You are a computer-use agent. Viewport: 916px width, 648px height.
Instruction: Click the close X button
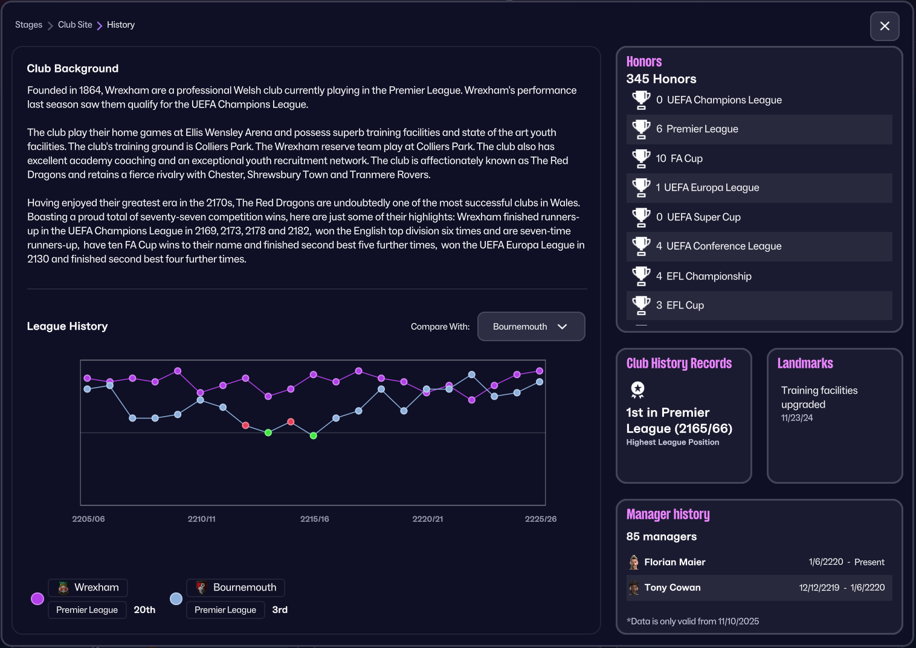click(885, 26)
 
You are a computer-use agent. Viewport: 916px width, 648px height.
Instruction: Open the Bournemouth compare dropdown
click(531, 327)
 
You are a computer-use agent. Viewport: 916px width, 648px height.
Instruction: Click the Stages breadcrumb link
click(28, 25)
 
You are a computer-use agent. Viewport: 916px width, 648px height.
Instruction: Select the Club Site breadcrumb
click(75, 25)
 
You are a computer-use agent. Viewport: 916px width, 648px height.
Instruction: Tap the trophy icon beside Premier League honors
click(640, 129)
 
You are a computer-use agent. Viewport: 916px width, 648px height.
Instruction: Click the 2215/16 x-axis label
click(314, 519)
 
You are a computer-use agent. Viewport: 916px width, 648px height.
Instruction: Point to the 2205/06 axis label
click(88, 519)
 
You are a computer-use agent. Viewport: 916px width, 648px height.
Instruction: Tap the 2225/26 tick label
click(540, 519)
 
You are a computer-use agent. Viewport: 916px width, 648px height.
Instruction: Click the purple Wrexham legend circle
click(37, 598)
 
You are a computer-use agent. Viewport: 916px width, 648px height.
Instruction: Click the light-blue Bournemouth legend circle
click(176, 598)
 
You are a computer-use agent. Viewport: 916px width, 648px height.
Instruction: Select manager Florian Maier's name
click(674, 562)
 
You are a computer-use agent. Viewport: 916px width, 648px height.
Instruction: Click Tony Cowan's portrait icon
click(634, 588)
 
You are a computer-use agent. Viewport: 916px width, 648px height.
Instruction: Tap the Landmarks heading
click(805, 364)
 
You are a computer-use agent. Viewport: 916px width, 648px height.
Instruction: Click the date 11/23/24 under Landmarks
click(796, 418)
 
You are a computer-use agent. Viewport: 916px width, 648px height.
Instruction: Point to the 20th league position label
click(144, 610)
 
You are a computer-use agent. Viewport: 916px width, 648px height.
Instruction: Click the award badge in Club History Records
click(637, 390)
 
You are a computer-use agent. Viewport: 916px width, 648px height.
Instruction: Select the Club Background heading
click(73, 69)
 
